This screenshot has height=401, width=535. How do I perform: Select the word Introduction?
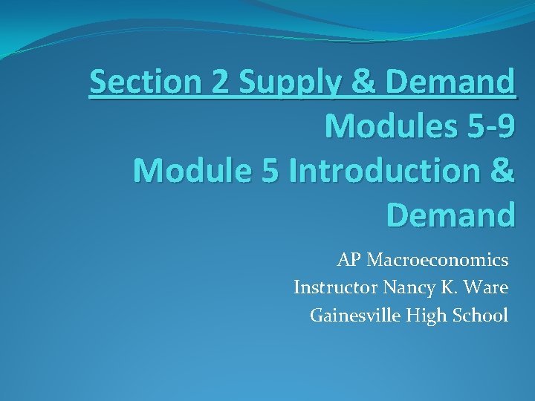(385, 171)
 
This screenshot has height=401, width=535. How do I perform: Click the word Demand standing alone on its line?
(451, 215)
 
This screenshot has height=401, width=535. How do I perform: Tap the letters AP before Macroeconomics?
(348, 260)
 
